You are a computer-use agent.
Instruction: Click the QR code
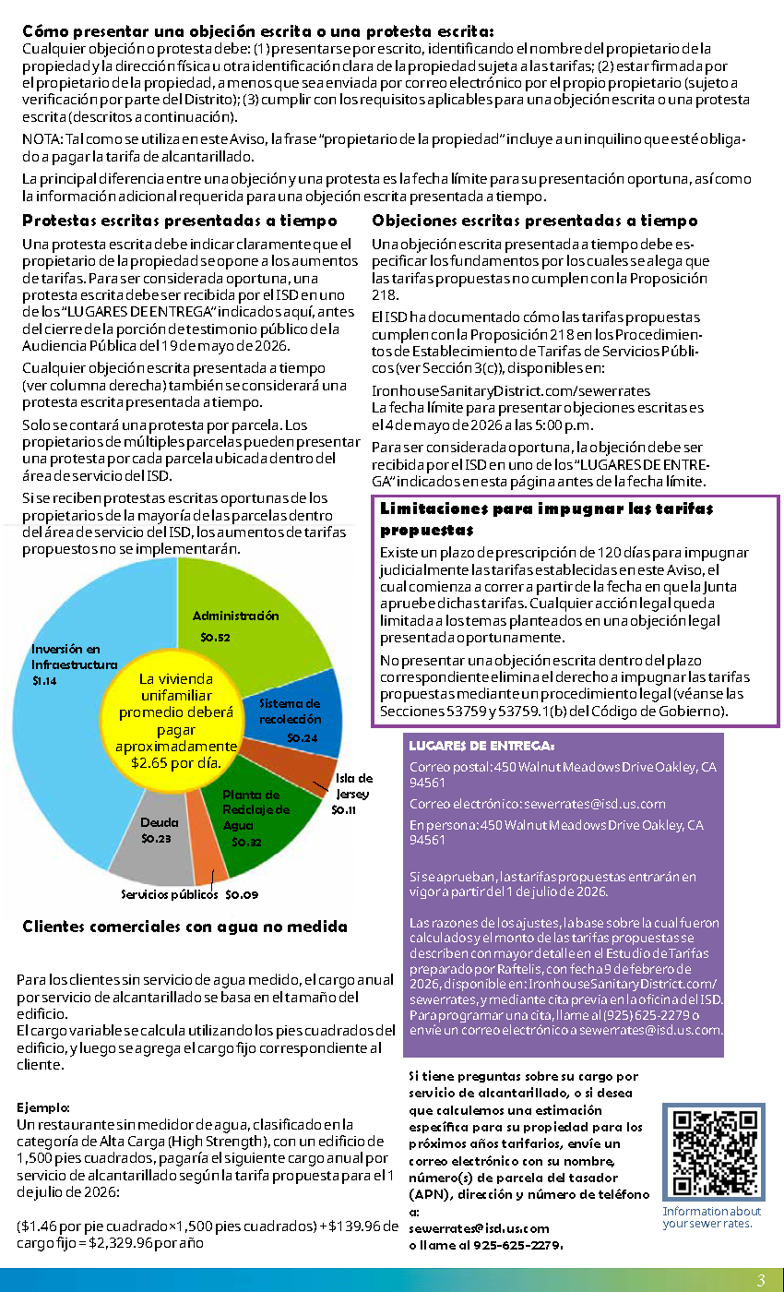[712, 1154]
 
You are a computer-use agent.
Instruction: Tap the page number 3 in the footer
[761, 1280]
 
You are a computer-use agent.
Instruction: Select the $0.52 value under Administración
[215, 637]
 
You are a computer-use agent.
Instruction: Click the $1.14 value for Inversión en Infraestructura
[44, 681]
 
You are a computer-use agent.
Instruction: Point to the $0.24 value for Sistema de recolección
[302, 737]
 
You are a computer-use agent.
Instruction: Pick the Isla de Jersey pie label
[354, 785]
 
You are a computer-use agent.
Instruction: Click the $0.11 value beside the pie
[344, 810]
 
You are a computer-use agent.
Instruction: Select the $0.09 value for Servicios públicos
[242, 894]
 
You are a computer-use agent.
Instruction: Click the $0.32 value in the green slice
[246, 842]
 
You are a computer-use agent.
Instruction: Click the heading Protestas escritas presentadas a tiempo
[179, 221]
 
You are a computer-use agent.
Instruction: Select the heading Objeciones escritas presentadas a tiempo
[534, 221]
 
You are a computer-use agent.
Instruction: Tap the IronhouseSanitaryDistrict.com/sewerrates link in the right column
[510, 391]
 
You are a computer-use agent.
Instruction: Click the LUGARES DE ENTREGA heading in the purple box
[481, 746]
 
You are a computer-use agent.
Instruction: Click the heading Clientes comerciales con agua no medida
[184, 927]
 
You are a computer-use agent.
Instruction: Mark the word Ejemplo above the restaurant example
[43, 1107]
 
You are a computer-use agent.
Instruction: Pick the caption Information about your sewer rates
[711, 1217]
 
